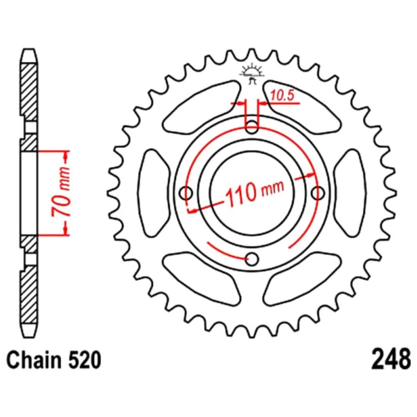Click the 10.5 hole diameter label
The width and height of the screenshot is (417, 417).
pos(282,95)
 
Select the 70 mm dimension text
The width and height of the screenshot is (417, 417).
pos(61,191)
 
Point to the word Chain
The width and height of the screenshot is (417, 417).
pos(34,360)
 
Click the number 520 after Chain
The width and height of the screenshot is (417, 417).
pos(85,360)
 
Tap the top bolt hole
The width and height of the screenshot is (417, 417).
pos(251,127)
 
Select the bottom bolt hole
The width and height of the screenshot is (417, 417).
pos(251,259)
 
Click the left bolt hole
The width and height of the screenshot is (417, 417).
pos(186,193)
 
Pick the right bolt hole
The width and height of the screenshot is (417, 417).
pos(318,193)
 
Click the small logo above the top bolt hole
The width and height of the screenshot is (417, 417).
pos(252,75)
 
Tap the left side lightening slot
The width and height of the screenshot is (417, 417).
pos(153,193)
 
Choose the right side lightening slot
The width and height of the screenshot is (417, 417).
pos(350,193)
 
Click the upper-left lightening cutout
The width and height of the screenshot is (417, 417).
pos(201,107)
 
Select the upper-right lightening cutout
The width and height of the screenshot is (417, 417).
pos(303,107)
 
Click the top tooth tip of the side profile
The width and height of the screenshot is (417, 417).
pos(29,50)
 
